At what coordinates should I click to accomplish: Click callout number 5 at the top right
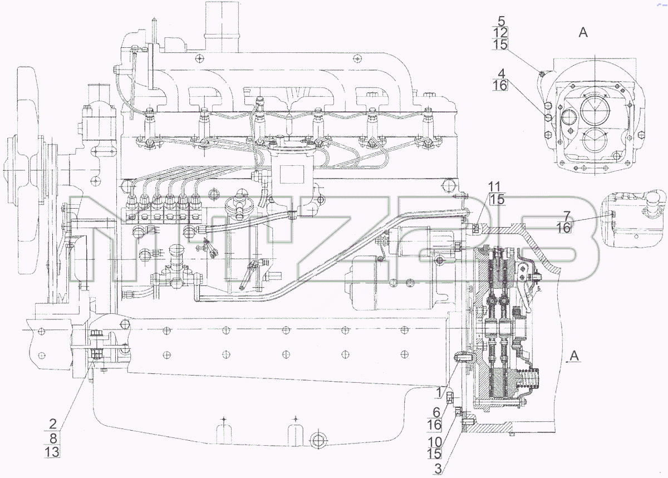tap(502, 21)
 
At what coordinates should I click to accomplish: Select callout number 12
tap(500, 32)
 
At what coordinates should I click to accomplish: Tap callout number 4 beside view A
tap(502, 73)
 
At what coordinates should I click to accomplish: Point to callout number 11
tap(494, 187)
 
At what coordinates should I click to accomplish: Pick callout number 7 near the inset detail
tap(567, 216)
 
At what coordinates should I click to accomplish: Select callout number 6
tap(436, 412)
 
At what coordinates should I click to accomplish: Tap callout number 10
tap(435, 442)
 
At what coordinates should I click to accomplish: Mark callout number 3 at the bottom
tap(438, 469)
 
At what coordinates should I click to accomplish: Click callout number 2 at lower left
tap(52, 423)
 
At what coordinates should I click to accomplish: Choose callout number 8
tap(53, 438)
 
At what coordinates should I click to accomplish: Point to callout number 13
tap(52, 452)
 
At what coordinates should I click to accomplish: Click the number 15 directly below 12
tap(500, 45)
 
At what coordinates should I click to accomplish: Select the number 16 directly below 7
tap(563, 228)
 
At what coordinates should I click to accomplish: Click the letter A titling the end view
tap(583, 32)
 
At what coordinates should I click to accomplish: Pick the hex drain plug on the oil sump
tap(318, 439)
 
